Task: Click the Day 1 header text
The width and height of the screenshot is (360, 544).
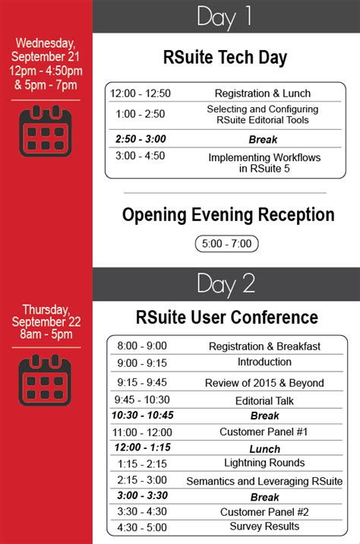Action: tap(224, 17)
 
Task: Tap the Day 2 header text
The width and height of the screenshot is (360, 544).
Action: tap(226, 284)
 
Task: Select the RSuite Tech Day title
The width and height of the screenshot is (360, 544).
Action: tap(225, 57)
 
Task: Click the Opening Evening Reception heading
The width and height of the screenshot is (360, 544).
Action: tap(228, 215)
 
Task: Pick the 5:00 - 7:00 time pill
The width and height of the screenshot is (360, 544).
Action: tap(227, 244)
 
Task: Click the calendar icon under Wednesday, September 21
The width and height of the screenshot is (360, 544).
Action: tap(46, 131)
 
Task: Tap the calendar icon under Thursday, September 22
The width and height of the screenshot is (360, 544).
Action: tap(45, 380)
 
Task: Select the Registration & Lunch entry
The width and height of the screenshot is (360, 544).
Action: tap(263, 93)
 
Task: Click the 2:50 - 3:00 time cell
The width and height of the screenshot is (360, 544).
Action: tap(141, 139)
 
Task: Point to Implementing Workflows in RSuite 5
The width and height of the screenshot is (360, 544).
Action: tap(264, 163)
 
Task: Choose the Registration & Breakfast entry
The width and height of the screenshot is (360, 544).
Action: tap(264, 346)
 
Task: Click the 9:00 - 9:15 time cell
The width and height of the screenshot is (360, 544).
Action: tap(142, 363)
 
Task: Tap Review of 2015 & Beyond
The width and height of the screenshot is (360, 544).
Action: tap(264, 383)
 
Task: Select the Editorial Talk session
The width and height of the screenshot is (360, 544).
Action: tap(264, 400)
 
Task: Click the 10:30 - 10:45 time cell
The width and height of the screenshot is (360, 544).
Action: tap(143, 415)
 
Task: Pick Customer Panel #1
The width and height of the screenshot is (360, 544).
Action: tap(264, 432)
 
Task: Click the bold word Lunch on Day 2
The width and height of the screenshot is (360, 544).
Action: tap(264, 449)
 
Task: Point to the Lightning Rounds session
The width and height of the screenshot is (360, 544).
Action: tap(264, 463)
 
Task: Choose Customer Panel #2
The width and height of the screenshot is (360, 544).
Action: tap(264, 512)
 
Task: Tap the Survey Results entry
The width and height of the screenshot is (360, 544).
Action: tap(264, 527)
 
